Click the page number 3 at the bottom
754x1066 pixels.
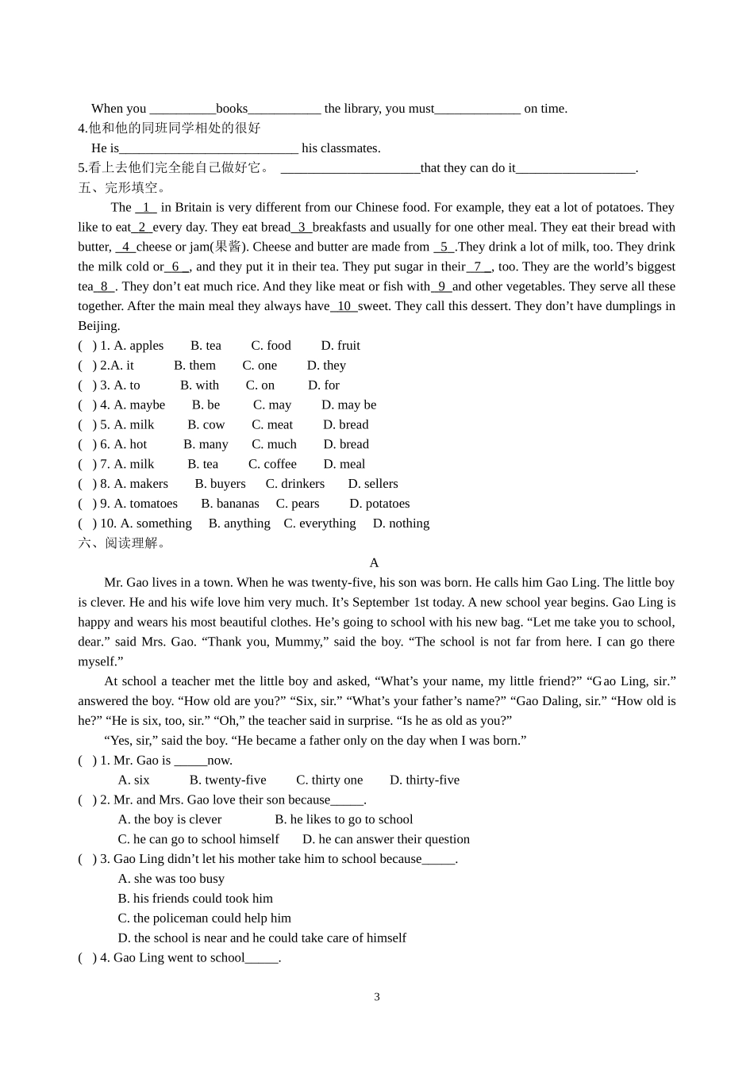click(377, 997)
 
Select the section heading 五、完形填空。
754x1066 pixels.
click(123, 188)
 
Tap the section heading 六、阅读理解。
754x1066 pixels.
click(123, 543)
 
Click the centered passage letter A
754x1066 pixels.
click(375, 563)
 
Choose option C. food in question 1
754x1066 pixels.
click(271, 346)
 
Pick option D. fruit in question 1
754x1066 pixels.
click(340, 346)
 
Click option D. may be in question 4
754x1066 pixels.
click(349, 405)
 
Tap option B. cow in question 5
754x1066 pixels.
click(207, 425)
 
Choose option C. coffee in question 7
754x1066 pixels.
click(272, 465)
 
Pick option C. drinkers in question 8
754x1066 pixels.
click(295, 484)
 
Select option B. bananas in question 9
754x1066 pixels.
click(230, 504)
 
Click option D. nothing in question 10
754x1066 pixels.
click(401, 523)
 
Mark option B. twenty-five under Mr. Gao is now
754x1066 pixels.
click(228, 780)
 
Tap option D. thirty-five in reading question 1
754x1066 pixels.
click(425, 780)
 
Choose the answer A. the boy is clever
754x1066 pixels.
click(170, 820)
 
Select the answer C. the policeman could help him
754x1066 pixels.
click(205, 918)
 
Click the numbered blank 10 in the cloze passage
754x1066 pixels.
click(344, 306)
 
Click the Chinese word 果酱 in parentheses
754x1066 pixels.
click(229, 247)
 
